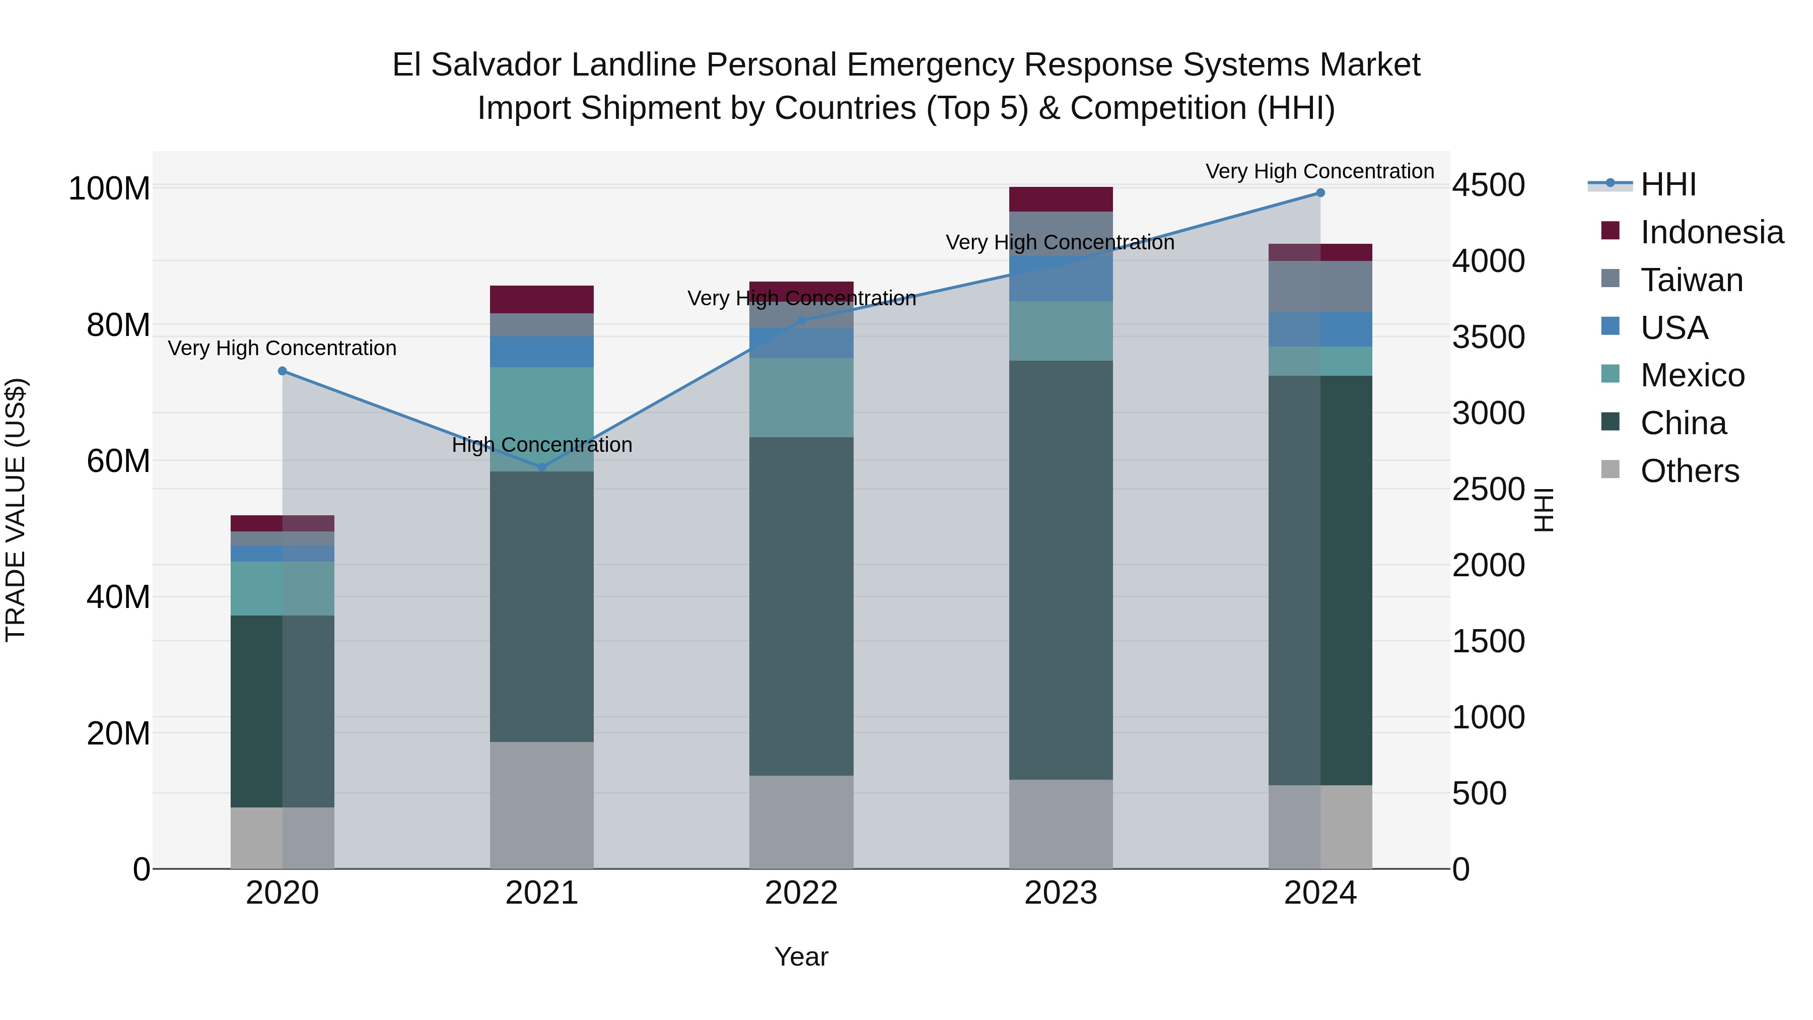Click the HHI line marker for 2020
[x=282, y=371]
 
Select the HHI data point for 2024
[x=1320, y=193]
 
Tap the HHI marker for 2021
[x=542, y=467]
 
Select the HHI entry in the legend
[x=1667, y=184]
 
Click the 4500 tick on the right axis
[x=1489, y=186]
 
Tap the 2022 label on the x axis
[x=801, y=893]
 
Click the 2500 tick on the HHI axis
[x=1489, y=490]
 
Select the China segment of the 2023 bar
[x=1061, y=570]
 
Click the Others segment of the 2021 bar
[x=541, y=805]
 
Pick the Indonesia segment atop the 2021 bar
[x=541, y=299]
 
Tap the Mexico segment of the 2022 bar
[x=801, y=398]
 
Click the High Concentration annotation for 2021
[x=542, y=445]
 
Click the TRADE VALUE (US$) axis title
[x=16, y=510]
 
